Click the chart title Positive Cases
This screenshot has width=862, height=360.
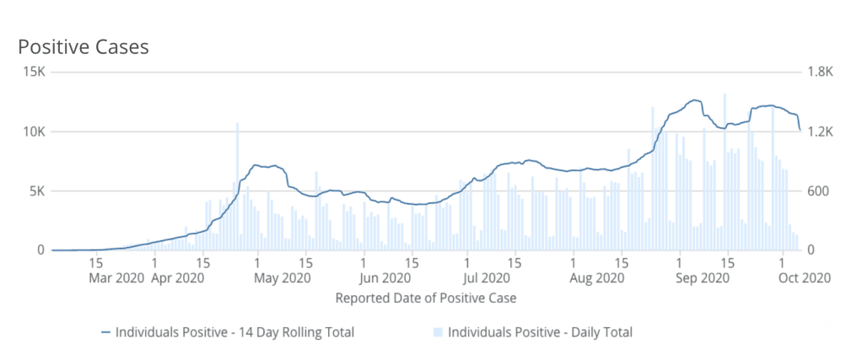84,47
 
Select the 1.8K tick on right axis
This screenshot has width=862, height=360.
820,73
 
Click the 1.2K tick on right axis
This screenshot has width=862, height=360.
820,132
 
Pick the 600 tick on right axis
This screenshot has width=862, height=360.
818,191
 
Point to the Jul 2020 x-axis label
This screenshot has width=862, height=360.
486,277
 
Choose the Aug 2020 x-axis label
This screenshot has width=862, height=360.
597,277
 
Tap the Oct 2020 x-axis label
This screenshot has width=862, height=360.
806,277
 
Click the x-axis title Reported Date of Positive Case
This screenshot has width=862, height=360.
426,298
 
